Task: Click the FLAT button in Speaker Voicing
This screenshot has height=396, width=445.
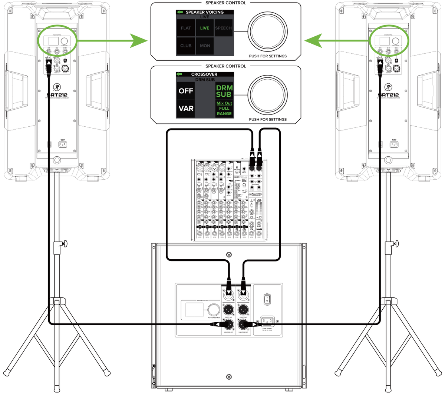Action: (x=186, y=28)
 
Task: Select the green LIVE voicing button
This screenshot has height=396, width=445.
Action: (x=205, y=28)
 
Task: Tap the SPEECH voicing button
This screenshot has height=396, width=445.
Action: (x=223, y=28)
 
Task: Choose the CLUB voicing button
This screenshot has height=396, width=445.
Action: (x=186, y=46)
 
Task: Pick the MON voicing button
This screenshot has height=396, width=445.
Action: (x=205, y=46)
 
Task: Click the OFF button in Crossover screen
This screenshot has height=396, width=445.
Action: (x=186, y=91)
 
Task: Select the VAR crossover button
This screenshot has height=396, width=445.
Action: (x=186, y=108)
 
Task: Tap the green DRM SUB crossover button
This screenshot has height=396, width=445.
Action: (x=224, y=91)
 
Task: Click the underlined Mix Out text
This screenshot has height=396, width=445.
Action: (x=224, y=103)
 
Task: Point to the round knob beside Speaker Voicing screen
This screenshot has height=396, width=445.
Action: (x=267, y=31)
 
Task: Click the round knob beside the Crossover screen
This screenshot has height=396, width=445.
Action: (x=267, y=94)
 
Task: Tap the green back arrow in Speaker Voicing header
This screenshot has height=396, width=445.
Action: (x=180, y=12)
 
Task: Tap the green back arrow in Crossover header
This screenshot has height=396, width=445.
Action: (x=180, y=74)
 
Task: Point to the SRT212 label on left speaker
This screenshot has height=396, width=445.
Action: (x=57, y=95)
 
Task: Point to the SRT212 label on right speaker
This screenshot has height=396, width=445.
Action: (x=389, y=95)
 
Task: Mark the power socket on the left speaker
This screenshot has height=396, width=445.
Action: (x=62, y=144)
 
